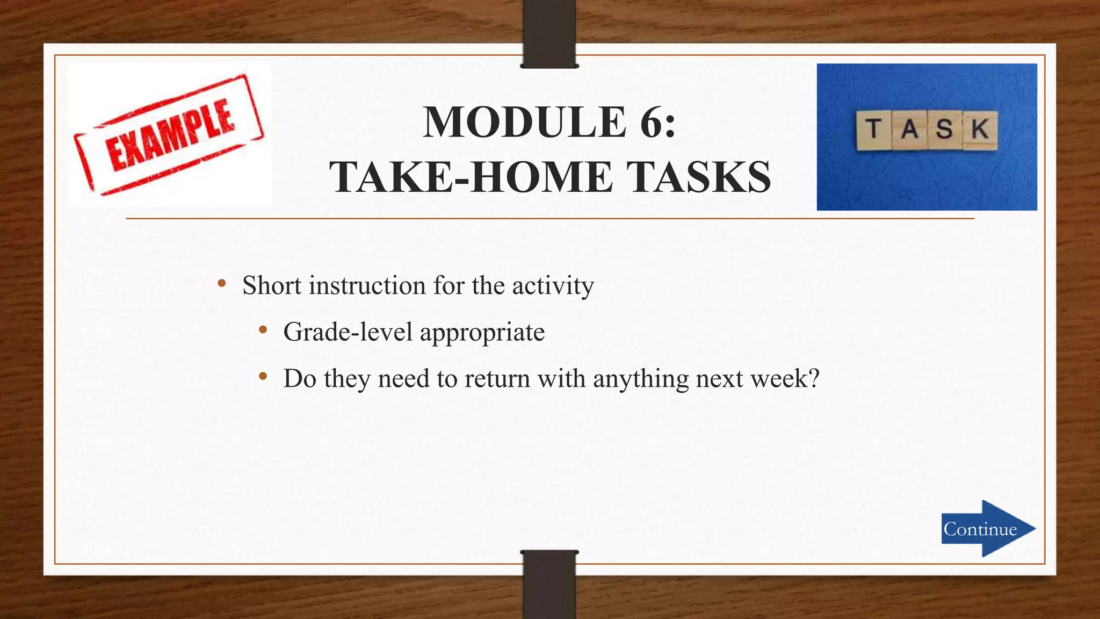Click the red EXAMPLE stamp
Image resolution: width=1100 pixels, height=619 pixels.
(x=169, y=134)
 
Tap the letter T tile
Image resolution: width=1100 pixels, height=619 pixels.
(x=873, y=129)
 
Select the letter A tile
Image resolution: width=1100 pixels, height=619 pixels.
(x=909, y=129)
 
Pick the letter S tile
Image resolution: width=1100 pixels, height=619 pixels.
(x=944, y=129)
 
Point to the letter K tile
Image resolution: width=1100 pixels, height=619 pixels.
(x=980, y=129)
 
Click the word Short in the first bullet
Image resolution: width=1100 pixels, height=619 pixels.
(x=272, y=285)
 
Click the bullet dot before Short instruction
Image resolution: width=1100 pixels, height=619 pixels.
(x=222, y=284)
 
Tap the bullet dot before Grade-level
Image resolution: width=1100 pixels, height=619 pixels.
(x=263, y=330)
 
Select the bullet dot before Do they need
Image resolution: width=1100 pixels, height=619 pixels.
(x=263, y=377)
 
